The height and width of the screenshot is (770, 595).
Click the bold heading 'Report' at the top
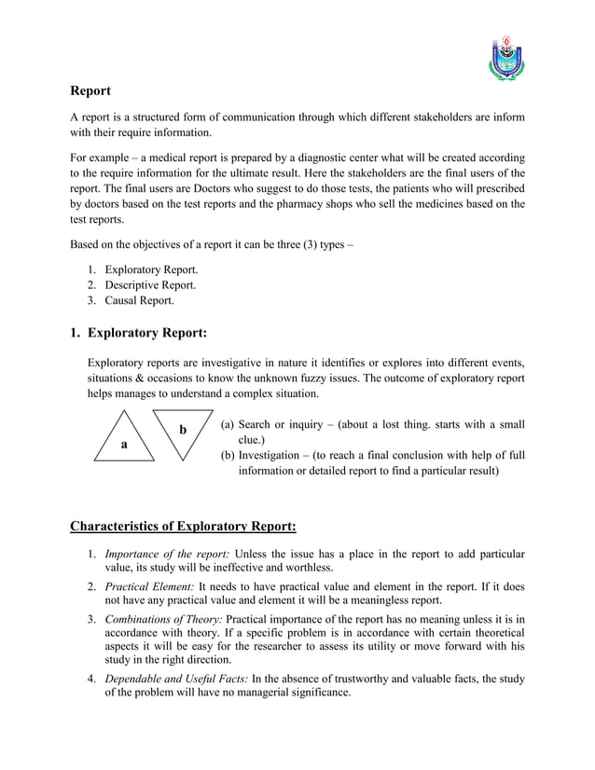91,91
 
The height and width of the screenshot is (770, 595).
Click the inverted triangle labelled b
183,431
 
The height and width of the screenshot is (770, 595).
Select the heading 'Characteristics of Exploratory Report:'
184,527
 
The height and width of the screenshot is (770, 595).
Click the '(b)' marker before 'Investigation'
227,455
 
